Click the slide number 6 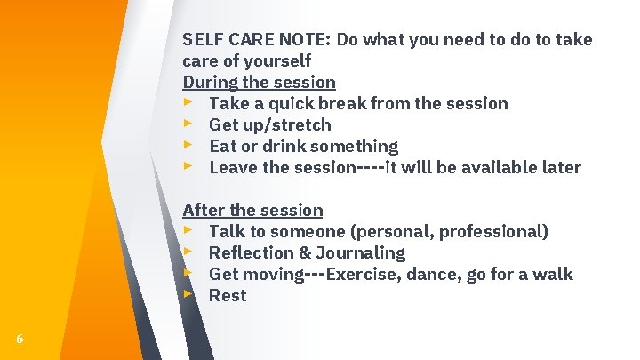tap(20, 338)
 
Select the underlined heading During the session tap(259, 82)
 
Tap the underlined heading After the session tap(252, 210)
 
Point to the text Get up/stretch tap(269, 124)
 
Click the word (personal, tap(394, 231)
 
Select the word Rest tap(228, 295)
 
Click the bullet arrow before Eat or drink tap(188, 145)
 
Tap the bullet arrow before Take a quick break tap(188, 102)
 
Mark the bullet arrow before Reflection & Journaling tap(188, 252)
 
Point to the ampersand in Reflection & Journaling tap(308, 252)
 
